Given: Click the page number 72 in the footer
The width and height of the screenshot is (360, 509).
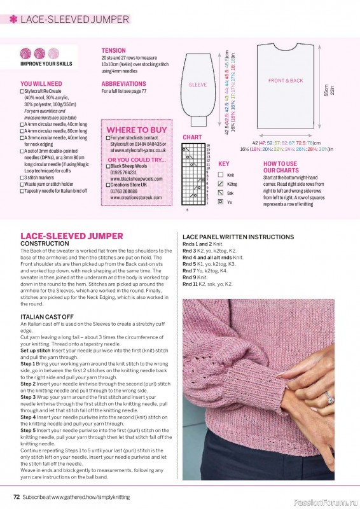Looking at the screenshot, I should pos(17,496).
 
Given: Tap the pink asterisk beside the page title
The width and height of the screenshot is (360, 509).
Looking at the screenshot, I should pos(13,19).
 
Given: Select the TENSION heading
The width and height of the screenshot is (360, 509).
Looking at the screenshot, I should pos(114,50).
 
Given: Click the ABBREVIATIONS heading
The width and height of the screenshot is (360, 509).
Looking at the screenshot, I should pos(123,84).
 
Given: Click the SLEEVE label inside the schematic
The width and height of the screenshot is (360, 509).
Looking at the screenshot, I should pos(198,85).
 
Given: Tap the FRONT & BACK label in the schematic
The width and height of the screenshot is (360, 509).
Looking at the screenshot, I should pos(286,81).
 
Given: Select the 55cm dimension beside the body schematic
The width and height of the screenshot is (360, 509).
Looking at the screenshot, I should pos(326,90).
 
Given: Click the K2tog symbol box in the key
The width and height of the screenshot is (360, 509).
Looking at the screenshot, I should pos(221,183).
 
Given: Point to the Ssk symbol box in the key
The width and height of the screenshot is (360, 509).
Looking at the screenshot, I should pos(221,192).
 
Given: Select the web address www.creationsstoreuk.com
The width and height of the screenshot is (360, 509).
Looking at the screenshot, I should pos(135,198).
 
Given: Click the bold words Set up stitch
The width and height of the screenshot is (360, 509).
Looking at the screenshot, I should pos(36,351).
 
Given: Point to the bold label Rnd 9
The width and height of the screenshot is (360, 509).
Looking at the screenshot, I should pos(190,277).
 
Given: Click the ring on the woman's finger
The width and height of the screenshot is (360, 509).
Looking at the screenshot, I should pos(329,399).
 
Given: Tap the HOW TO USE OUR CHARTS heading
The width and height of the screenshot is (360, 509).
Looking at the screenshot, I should pos(280,167).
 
